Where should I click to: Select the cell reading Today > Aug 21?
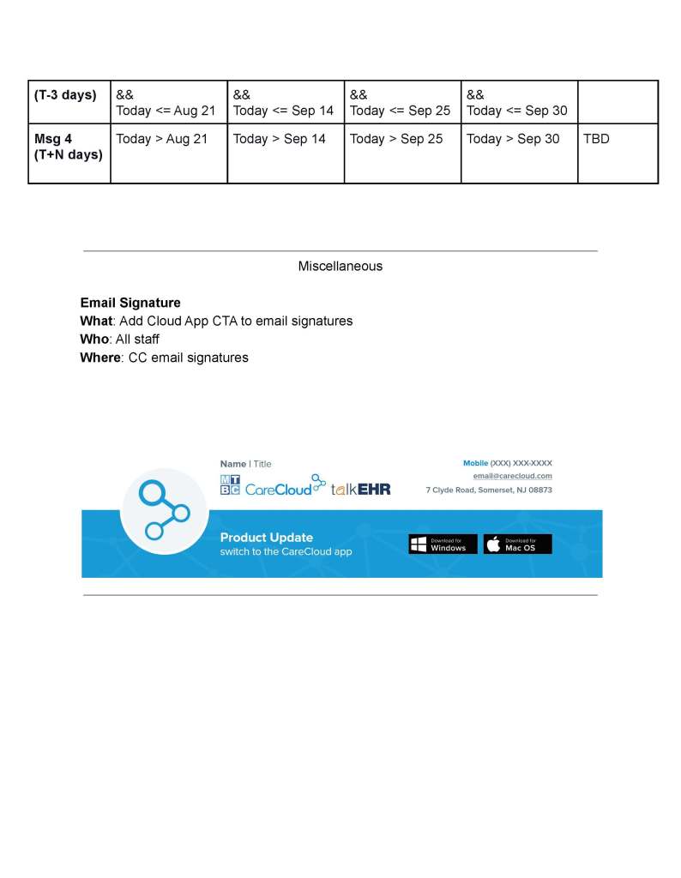pos(162,139)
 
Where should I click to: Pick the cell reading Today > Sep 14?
pos(280,139)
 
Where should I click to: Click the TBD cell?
pos(596,139)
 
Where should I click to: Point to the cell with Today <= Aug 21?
pos(166,111)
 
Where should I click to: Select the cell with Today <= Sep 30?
pos(516,111)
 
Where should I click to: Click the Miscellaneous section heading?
pos(340,267)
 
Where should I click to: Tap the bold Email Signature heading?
pos(130,303)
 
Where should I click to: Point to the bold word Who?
pos(93,340)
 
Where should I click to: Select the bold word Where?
pos(99,358)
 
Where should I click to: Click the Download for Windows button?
pos(443,544)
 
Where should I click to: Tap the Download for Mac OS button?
pos(517,544)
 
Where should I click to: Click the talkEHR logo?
pos(360,489)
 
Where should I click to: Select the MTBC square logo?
pos(230,485)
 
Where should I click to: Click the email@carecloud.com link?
pos(512,476)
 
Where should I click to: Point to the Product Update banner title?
pos(266,538)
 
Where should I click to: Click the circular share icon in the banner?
pos(164,511)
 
